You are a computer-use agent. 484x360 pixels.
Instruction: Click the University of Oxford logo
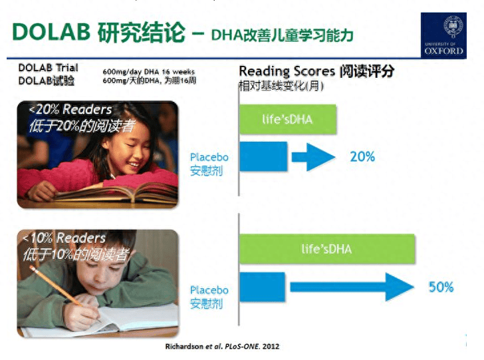[x=443, y=35]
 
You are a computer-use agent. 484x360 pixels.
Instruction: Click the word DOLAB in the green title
[x=51, y=31]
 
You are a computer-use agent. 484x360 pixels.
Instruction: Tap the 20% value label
[x=362, y=156]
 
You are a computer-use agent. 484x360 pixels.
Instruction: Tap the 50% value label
[x=441, y=287]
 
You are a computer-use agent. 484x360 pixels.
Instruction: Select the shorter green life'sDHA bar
[x=288, y=119]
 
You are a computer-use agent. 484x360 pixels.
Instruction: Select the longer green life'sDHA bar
[x=327, y=249]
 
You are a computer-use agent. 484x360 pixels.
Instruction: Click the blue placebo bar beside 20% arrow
[x=263, y=156]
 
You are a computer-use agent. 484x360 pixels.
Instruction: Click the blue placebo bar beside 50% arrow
[x=262, y=287]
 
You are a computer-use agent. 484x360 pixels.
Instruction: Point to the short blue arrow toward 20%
[x=313, y=157]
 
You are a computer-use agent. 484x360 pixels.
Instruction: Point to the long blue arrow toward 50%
[x=352, y=287]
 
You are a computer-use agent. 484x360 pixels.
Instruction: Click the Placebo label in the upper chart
[x=209, y=157]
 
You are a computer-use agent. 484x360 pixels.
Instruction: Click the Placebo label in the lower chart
[x=209, y=290]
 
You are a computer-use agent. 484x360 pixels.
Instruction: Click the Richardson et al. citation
[x=222, y=346]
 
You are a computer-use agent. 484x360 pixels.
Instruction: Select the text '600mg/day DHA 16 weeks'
[x=149, y=72]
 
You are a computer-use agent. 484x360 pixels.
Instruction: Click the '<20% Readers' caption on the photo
[x=70, y=109]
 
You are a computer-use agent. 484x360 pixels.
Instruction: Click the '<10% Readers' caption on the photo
[x=64, y=238]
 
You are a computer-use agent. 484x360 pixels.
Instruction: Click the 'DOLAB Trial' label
[x=48, y=68]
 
